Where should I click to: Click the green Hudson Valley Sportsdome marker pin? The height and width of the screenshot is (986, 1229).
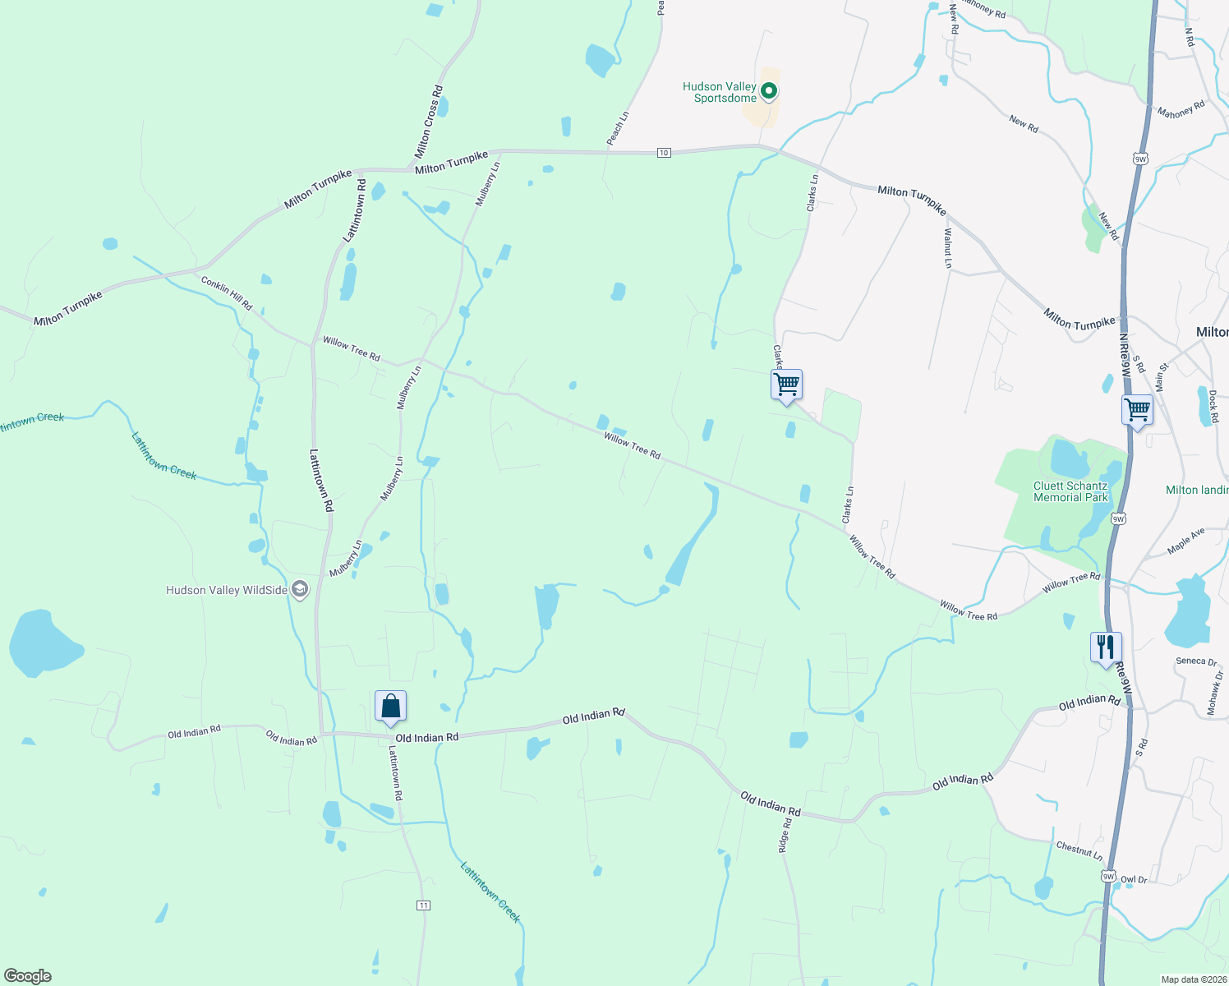[x=769, y=91]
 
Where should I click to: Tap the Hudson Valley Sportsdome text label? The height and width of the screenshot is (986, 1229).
[x=720, y=92]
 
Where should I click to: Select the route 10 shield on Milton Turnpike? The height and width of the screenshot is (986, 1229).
[x=664, y=153]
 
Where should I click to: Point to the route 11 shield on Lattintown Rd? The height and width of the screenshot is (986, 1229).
[x=423, y=905]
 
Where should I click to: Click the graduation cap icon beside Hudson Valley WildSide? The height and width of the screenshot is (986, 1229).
[x=300, y=589]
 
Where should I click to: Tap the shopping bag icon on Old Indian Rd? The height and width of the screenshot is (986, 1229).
[x=390, y=706]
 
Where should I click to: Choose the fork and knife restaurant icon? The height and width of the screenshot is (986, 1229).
[x=1106, y=647]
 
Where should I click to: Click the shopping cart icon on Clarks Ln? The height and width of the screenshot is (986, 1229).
[x=786, y=384]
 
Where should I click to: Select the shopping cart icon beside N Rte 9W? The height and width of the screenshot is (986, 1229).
[x=1137, y=408]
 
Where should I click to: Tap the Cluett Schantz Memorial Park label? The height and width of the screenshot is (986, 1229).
[x=1070, y=491]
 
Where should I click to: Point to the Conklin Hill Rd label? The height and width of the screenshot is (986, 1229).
[x=227, y=293]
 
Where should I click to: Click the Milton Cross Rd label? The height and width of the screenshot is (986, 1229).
[x=429, y=122]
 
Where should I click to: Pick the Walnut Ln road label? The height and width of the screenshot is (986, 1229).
[x=947, y=247]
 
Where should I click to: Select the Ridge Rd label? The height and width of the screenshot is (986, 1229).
[x=785, y=835]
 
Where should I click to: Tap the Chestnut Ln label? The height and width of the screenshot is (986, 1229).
[x=1079, y=850]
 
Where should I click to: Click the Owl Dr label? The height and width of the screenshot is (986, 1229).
[x=1134, y=879]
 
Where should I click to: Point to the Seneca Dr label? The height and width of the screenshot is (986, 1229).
[x=1195, y=661]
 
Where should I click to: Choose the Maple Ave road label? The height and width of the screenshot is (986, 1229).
[x=1185, y=541]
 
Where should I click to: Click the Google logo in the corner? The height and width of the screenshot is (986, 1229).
[x=28, y=976]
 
